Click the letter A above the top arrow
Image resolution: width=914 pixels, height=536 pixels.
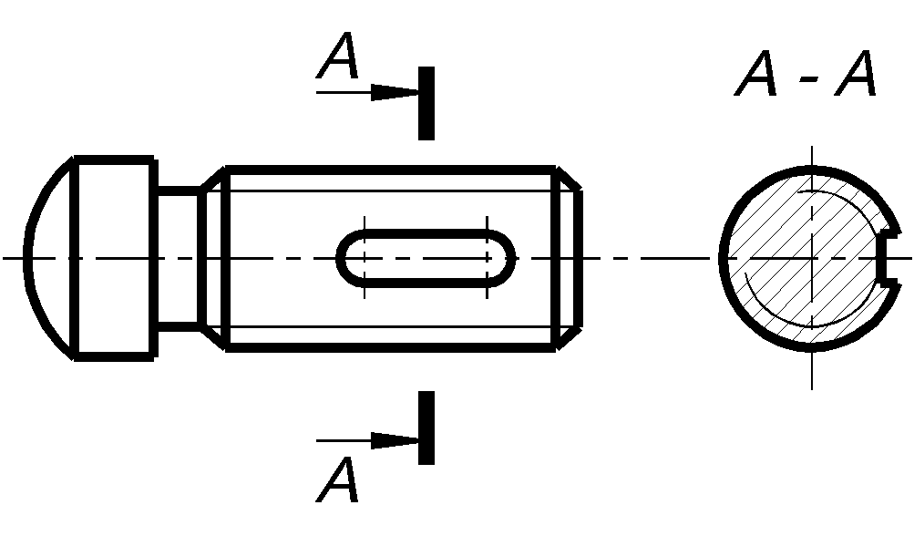339,60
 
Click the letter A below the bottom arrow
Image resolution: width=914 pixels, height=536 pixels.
339,480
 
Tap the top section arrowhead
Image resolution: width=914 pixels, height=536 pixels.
395,92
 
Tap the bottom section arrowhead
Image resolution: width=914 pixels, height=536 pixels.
395,439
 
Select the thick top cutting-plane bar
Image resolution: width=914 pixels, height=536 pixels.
426,103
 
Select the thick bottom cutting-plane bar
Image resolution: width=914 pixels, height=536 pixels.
426,428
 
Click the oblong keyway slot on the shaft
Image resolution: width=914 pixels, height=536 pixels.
426,258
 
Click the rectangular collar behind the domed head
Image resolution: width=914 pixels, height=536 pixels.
113,258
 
